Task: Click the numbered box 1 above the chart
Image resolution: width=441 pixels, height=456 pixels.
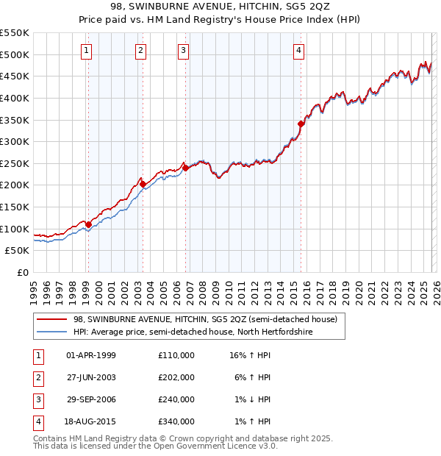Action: (87, 50)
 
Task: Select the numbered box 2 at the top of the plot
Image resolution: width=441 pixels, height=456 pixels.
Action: (140, 50)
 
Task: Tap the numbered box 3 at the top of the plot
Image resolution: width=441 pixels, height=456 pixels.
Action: (183, 50)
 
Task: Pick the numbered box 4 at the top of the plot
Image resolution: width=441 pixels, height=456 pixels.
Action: (299, 50)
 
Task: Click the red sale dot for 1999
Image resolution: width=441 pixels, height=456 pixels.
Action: (88, 224)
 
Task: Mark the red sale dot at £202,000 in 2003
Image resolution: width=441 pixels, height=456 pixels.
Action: (143, 184)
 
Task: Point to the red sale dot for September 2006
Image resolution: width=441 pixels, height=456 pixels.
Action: (185, 168)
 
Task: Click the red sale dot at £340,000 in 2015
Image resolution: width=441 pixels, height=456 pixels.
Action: (301, 124)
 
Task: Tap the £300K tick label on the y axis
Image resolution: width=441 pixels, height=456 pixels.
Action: (15, 141)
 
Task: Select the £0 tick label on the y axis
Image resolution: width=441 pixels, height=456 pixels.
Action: (22, 272)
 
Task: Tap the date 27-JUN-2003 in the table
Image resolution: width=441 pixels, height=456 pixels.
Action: (91, 377)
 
